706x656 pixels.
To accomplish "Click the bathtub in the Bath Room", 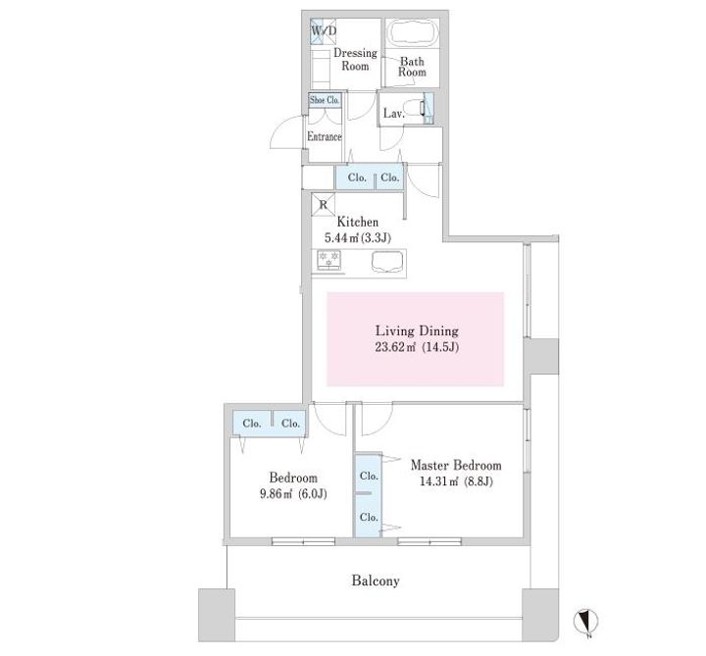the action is point(413,32).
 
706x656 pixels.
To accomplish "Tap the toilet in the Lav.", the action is point(415,109).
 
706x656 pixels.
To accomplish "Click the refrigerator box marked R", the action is point(323,204).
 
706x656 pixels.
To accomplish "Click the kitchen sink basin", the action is point(387,262).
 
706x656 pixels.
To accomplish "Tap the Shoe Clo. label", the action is point(325,100).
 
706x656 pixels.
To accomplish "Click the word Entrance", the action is point(325,136).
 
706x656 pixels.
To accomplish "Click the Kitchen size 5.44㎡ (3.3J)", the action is point(358,237).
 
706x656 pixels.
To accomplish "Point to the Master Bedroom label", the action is point(456,465).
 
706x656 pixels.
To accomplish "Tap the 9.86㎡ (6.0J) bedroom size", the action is point(293,494).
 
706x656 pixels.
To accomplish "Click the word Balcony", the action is point(376,580).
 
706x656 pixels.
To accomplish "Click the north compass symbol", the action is point(585,623).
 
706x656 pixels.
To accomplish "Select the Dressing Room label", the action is point(355,60).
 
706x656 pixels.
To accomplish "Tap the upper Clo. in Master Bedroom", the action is point(369,476).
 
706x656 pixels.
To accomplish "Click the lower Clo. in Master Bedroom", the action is point(369,518).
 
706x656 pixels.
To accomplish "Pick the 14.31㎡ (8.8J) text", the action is point(456,481).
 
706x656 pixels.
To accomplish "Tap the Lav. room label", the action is point(394,114).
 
